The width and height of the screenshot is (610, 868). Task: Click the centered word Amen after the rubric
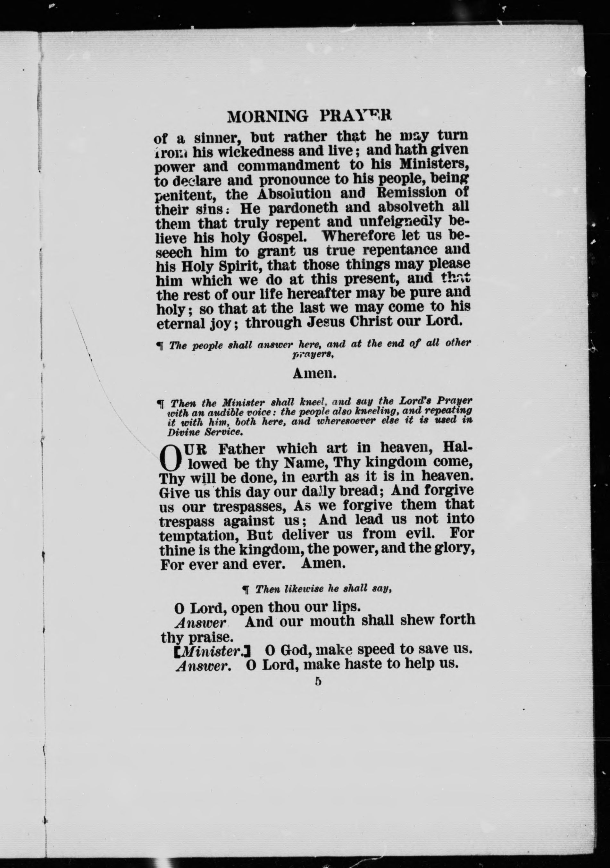click(314, 374)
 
